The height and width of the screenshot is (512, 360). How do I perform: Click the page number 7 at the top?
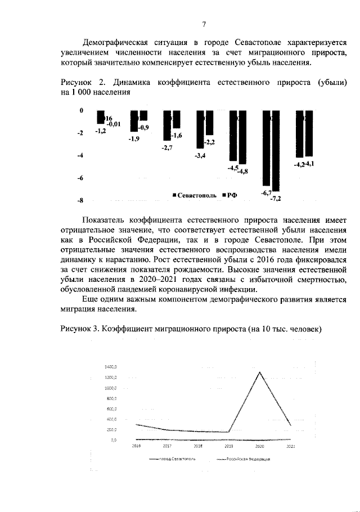coord(205,24)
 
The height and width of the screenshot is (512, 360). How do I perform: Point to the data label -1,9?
coord(134,138)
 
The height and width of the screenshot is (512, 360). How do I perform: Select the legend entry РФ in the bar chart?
coord(229,195)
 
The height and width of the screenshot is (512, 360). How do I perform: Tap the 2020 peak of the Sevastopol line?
coord(259,372)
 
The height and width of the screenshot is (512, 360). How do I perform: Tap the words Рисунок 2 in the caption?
coord(79,83)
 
